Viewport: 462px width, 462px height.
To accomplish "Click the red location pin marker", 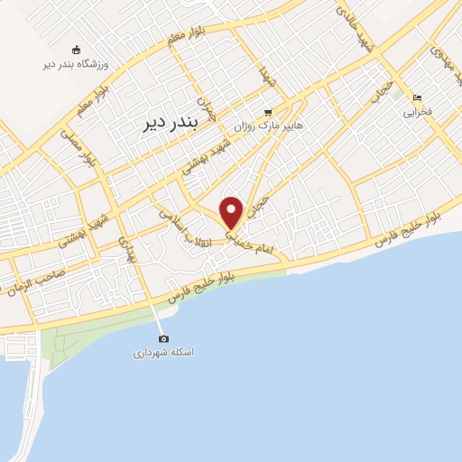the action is tap(232, 212).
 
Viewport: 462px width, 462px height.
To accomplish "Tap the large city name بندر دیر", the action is tap(168, 125).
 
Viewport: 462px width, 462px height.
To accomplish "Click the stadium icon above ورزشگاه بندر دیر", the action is tap(76, 50).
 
